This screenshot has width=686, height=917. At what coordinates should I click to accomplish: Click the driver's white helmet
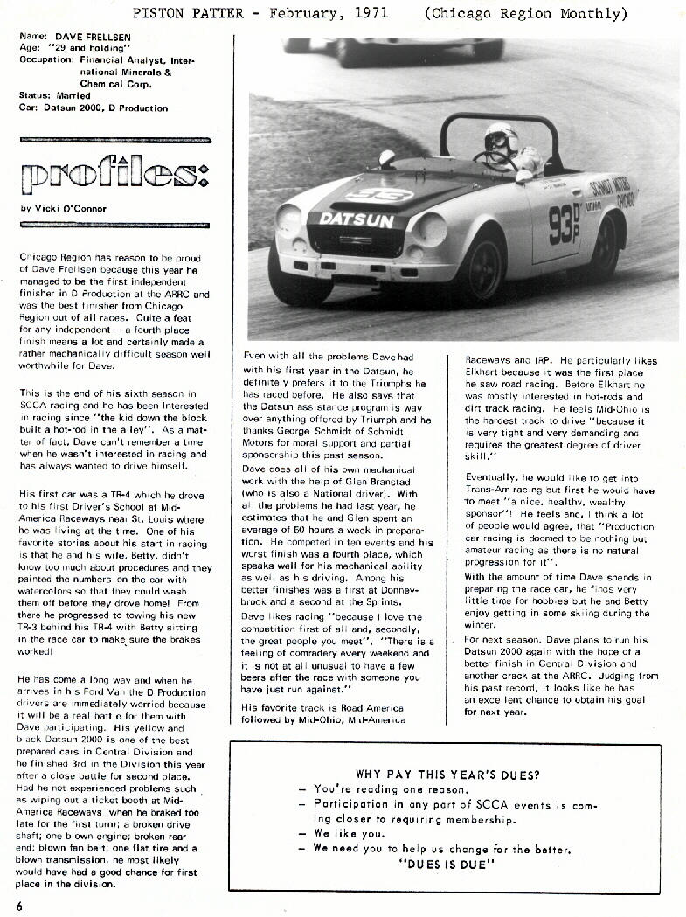point(502,140)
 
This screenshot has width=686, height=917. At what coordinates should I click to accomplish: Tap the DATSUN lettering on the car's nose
point(356,219)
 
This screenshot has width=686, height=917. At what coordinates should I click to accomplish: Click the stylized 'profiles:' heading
point(114,176)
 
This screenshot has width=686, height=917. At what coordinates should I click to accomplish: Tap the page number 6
point(18,905)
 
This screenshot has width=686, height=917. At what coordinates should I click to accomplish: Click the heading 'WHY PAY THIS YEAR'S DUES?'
point(447,775)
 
